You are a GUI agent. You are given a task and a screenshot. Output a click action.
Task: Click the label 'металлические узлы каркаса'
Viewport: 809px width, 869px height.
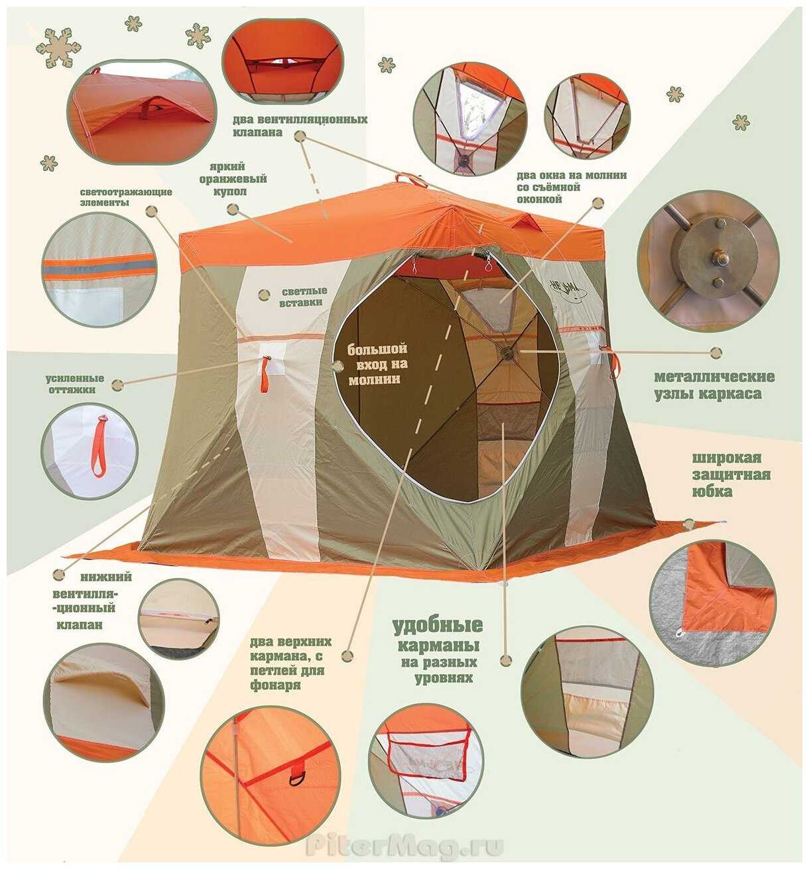coord(714,385)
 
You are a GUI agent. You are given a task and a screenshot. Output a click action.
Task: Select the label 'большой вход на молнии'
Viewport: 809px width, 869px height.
coord(377,364)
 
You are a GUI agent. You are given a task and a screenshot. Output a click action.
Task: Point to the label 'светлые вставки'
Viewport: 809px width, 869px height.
coord(301,296)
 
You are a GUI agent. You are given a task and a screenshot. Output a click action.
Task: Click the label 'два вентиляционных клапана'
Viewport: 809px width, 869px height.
coord(300,126)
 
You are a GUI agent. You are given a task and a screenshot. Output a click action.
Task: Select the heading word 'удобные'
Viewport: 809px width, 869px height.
coord(438,626)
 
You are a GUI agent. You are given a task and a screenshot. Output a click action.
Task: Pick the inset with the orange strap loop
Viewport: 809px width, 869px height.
coord(90,450)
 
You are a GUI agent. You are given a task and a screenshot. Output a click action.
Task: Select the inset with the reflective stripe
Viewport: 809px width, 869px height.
coord(99,269)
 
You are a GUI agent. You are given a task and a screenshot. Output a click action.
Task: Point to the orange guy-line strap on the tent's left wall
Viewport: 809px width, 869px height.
coord(265,374)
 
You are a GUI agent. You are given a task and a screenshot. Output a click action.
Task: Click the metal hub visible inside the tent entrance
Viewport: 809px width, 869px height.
coord(508,353)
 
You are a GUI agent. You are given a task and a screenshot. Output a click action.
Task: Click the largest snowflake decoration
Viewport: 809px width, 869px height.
coord(58,48)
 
